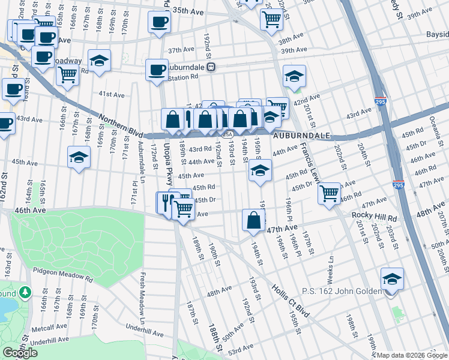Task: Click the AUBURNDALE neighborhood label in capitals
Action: (301, 136)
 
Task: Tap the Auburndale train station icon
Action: (211, 67)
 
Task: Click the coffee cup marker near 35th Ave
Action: (160, 23)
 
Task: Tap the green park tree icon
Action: (25, 292)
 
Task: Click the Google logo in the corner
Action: (20, 353)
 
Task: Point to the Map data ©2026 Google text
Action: (410, 355)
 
